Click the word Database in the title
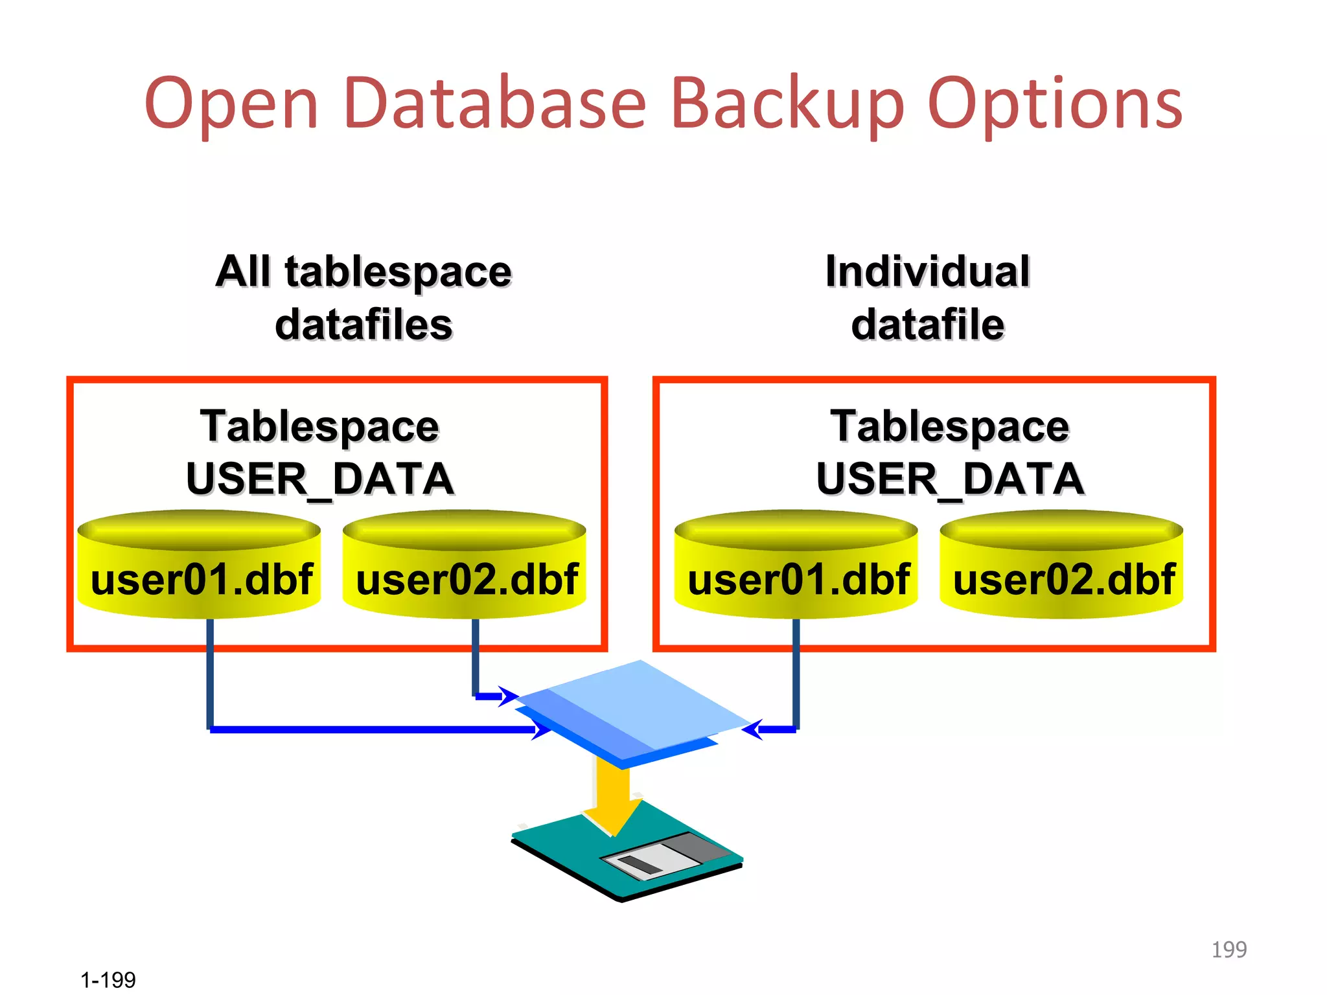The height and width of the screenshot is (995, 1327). (496, 104)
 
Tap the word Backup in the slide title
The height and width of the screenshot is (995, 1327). (787, 104)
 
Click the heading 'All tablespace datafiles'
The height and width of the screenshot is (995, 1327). (363, 297)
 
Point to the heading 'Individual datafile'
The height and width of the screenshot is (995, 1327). (927, 297)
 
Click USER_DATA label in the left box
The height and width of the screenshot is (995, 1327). (320, 479)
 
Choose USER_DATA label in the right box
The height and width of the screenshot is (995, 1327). (950, 479)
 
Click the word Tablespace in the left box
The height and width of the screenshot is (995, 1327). (319, 427)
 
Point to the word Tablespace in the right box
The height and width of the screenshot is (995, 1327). (950, 427)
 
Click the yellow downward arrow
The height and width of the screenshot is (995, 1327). (612, 797)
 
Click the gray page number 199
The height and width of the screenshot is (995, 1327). (1229, 950)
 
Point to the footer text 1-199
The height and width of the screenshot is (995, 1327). (108, 979)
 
